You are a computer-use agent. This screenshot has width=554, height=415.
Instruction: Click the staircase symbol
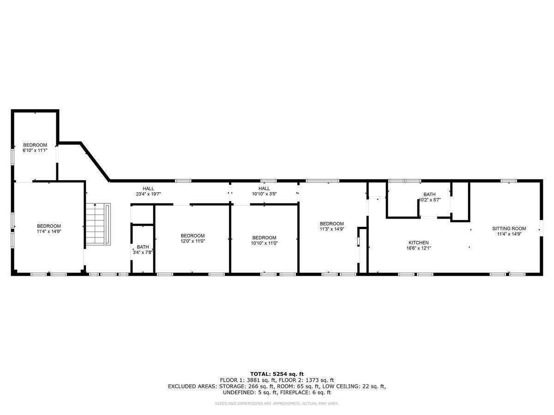[x=98, y=225]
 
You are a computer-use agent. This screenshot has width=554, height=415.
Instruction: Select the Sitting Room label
[x=509, y=228]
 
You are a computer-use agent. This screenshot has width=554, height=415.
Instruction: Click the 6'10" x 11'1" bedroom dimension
[x=35, y=150]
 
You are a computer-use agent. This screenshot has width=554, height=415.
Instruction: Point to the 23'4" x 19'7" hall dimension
[x=148, y=194]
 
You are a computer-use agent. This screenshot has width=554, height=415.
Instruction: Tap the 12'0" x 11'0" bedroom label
[x=193, y=236]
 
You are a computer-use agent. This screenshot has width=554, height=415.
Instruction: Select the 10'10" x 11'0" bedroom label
[x=264, y=237]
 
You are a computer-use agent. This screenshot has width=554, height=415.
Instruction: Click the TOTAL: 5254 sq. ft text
[x=277, y=374]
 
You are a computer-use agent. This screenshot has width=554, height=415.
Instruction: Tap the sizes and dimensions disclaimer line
[x=277, y=403]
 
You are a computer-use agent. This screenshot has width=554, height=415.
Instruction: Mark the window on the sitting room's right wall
[x=541, y=228]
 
